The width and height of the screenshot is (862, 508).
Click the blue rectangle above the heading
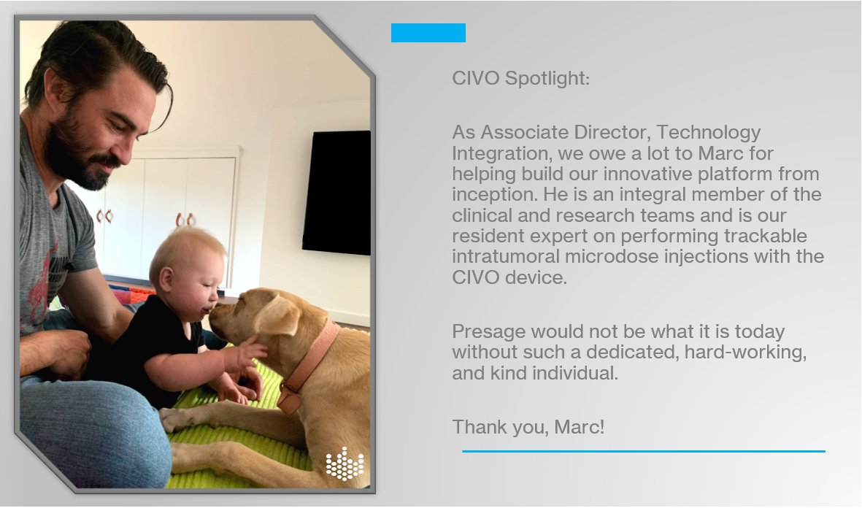tap(428, 33)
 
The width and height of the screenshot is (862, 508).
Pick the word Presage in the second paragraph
tap(488, 331)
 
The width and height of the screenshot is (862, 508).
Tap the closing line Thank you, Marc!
tap(528, 426)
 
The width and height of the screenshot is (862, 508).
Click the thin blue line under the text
tap(643, 451)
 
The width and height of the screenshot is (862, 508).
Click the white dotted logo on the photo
tap(344, 463)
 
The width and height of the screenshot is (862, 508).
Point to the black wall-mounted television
tap(336, 192)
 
